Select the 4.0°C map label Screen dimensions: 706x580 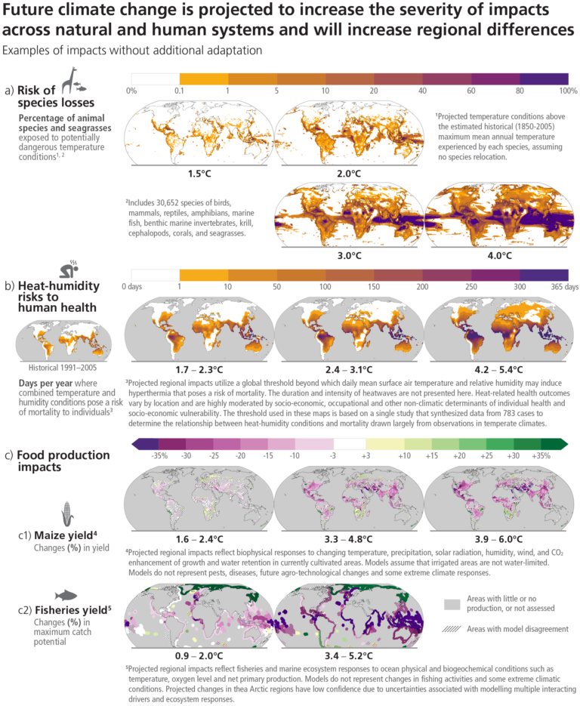[x=499, y=255]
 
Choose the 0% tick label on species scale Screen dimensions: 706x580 [x=131, y=91]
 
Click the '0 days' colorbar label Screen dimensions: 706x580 [x=134, y=286]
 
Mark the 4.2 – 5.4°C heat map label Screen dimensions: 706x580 [x=499, y=369]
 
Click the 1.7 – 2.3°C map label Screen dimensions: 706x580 [x=199, y=369]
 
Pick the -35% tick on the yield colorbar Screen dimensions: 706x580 [x=159, y=455]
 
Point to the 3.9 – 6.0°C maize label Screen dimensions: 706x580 [x=499, y=538]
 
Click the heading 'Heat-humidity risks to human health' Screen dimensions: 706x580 [x=57, y=295]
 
